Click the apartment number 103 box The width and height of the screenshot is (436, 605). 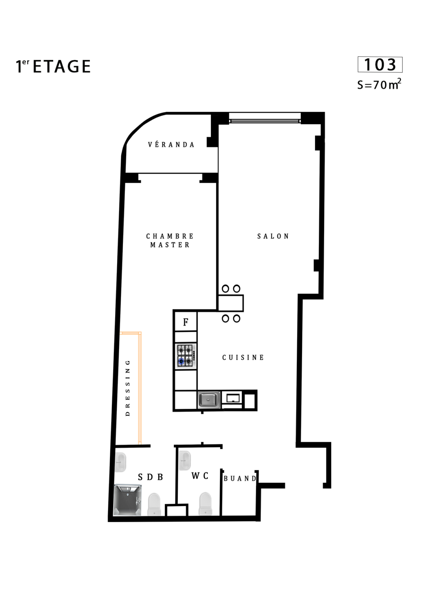380,65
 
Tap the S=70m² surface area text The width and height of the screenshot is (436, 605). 379,84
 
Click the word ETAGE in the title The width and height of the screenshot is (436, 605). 61,67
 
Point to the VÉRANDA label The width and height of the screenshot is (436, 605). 171,145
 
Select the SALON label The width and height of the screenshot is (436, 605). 273,236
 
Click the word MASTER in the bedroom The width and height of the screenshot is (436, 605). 170,245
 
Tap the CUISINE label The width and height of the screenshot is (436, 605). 243,358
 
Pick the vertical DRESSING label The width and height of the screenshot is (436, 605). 128,388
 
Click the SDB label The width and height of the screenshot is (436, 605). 150,477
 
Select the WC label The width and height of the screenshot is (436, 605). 200,476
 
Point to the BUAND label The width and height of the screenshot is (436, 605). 240,479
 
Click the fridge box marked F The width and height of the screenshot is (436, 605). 186,322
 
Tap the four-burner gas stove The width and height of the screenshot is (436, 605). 186,356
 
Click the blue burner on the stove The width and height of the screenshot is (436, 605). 181,361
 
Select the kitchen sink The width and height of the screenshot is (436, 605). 209,400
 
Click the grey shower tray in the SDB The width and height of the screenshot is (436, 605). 128,500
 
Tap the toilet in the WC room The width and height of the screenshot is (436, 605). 205,504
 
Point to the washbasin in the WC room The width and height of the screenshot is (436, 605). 184,460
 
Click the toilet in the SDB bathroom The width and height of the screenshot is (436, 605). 155,504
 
